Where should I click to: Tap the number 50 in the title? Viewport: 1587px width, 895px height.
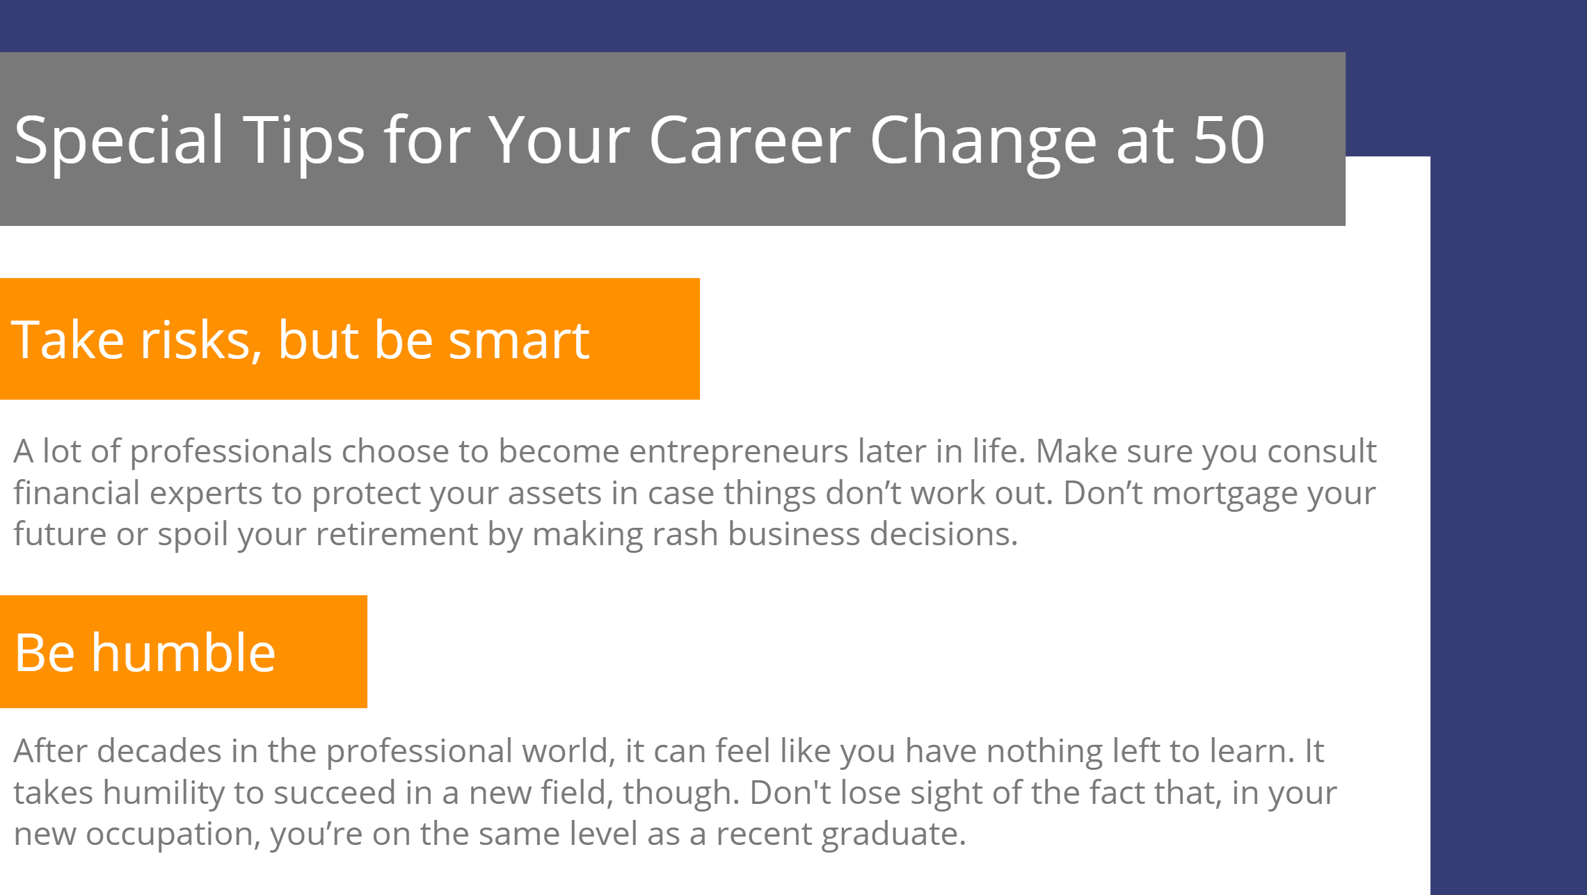tap(1229, 140)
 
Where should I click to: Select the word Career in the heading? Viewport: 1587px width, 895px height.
tap(750, 140)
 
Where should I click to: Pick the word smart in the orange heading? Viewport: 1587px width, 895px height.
tap(519, 340)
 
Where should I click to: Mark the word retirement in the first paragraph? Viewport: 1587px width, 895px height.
tap(397, 534)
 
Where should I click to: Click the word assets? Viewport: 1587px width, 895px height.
tap(555, 494)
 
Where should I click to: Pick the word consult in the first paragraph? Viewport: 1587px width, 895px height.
tap(1322, 451)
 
